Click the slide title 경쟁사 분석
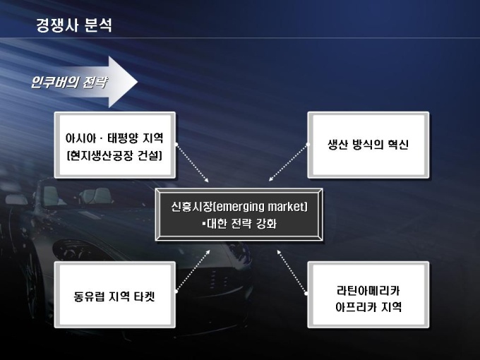pos(73,25)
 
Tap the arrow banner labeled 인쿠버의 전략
pos(78,81)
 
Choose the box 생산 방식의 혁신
pos(368,145)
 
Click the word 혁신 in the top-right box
pos(396,145)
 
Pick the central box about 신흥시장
pos(239,215)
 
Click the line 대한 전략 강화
pos(240,224)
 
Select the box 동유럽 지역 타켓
pos(114,296)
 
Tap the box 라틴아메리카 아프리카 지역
pos(368,296)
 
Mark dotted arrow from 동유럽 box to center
pos(191,270)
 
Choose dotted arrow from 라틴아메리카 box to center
pos(291,270)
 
